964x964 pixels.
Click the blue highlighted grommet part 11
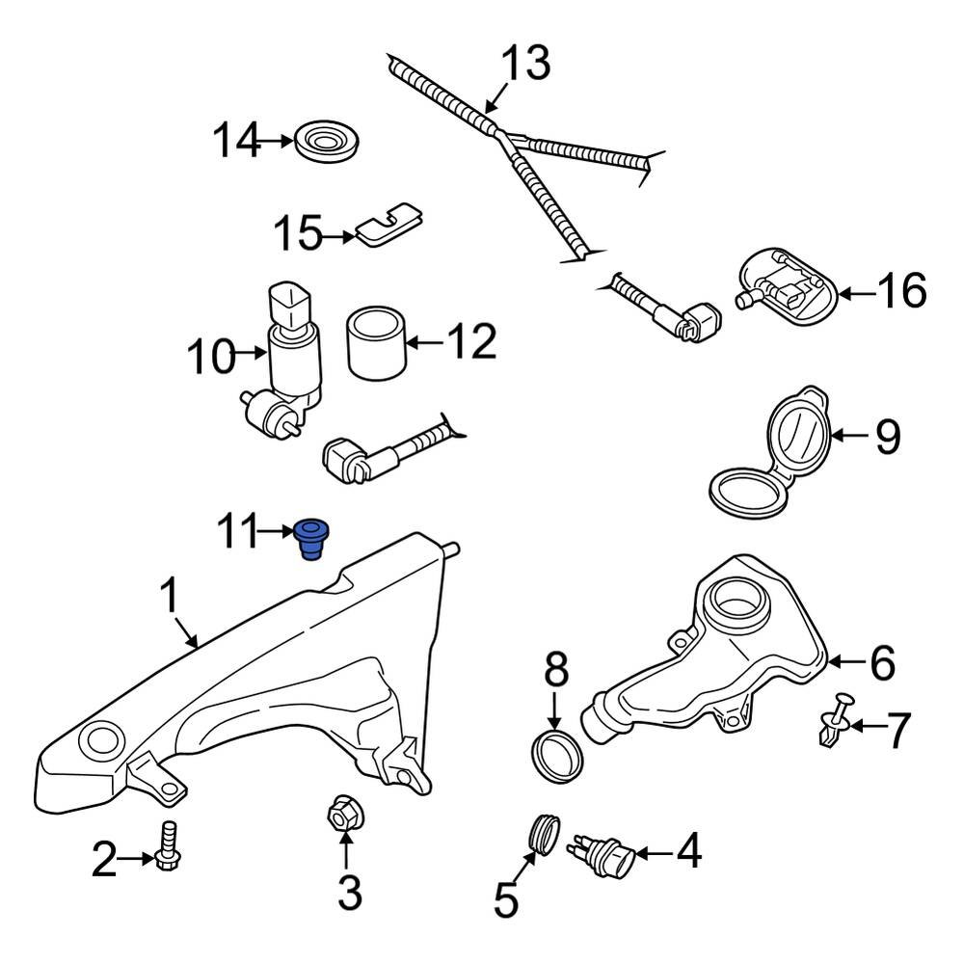point(310,538)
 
